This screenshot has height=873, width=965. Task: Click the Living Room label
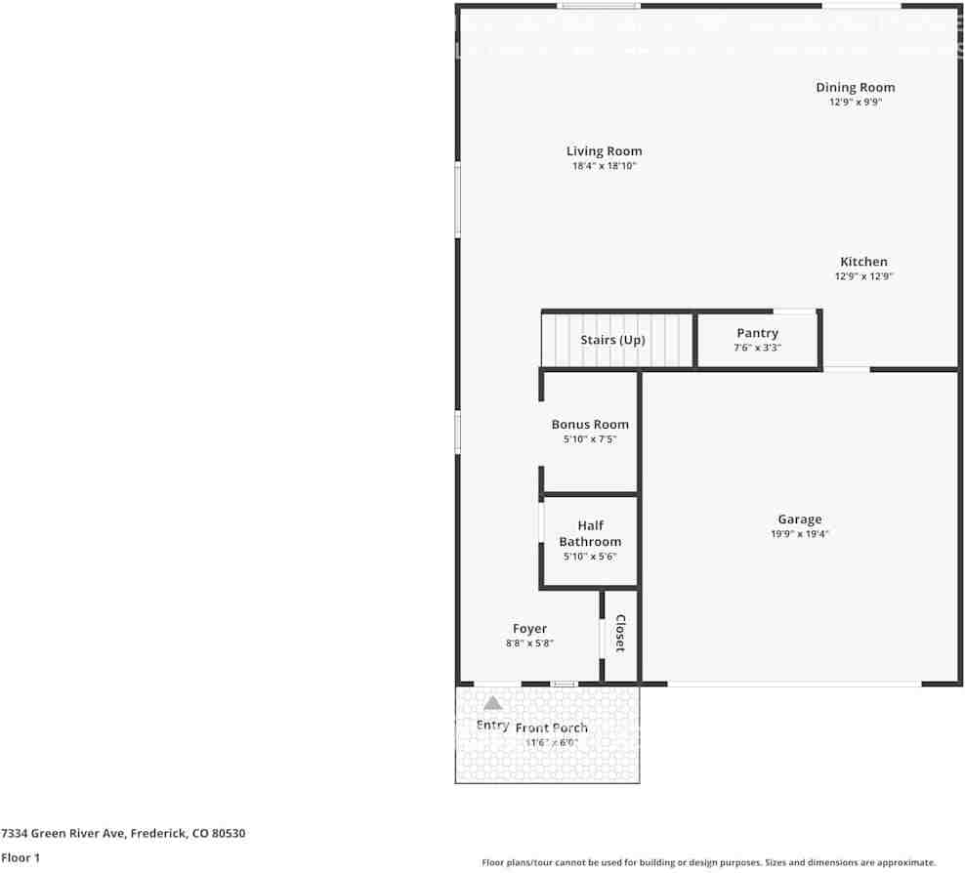604,151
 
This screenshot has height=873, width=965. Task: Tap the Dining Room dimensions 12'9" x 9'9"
855,102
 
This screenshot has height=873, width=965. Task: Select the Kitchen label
863,262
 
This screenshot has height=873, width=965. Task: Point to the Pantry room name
757,334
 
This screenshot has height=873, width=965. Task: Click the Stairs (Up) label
612,340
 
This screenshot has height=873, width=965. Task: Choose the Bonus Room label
590,425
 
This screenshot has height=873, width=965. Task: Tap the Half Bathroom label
590,533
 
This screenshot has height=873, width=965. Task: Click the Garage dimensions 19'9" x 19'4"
799,534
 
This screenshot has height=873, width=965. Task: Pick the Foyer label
529,629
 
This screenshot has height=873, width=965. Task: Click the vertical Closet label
619,634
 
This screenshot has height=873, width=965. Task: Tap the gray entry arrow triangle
492,703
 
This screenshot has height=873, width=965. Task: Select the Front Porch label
552,727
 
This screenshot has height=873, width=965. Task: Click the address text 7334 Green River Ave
123,833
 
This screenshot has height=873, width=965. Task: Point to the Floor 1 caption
21,858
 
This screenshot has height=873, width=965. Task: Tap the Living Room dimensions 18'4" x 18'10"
604,166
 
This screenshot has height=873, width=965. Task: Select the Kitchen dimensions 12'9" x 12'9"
863,276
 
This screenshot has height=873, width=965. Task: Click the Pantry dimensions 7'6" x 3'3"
757,349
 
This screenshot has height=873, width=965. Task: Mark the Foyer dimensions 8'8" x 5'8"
529,644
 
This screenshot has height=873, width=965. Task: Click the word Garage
799,520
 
